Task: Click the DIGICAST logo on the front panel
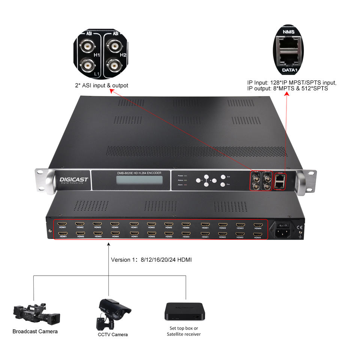[x=74, y=180]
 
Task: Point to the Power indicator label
[x=180, y=175]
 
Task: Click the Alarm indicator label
[x=180, y=185]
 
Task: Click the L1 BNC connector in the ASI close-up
[x=88, y=66]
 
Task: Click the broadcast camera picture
[x=36, y=313]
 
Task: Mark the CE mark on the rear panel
[x=300, y=227]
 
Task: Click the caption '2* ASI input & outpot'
[x=101, y=85]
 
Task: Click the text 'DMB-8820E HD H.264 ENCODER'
[x=133, y=173]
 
